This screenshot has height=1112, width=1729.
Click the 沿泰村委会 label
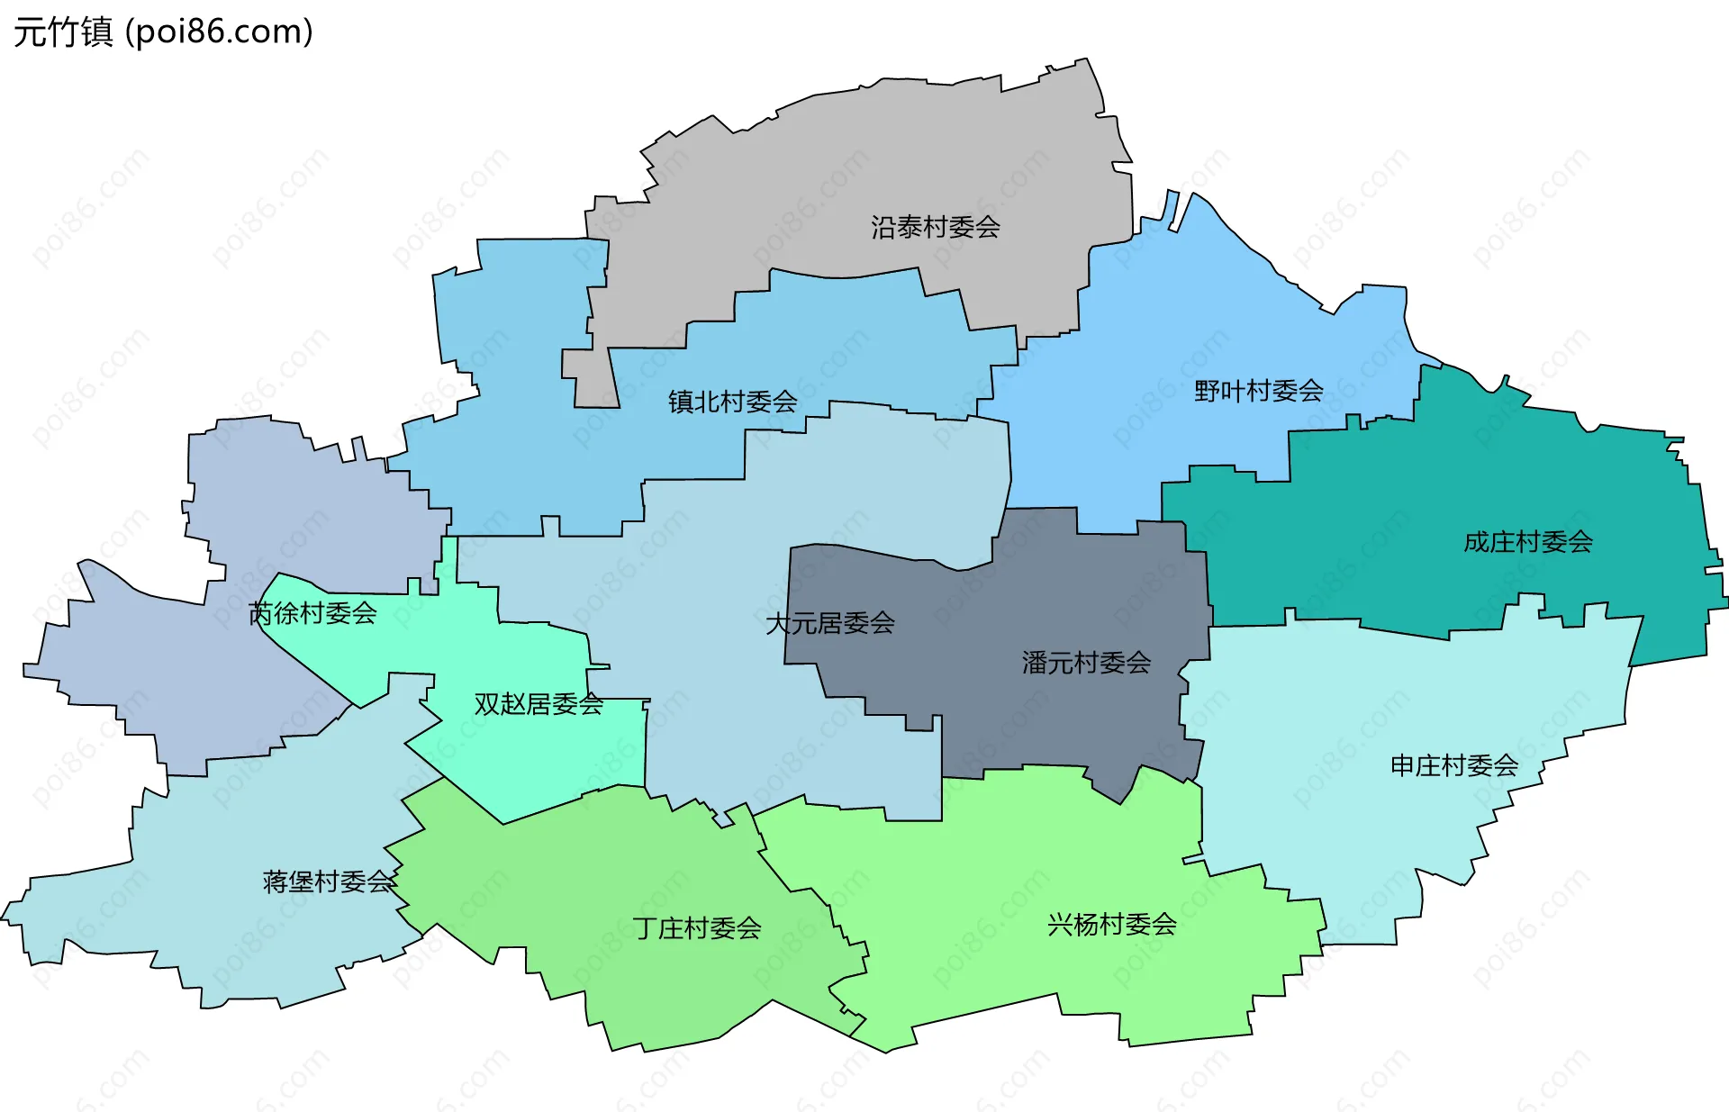pyautogui.click(x=935, y=227)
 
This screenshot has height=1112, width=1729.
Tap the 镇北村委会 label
pyautogui.click(x=732, y=402)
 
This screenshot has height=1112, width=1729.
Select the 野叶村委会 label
pyautogui.click(x=1258, y=391)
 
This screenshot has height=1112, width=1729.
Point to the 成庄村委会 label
pyautogui.click(x=1527, y=542)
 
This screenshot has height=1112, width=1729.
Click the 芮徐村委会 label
pyautogui.click(x=312, y=613)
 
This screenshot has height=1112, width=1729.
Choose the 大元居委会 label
pyautogui.click(x=829, y=623)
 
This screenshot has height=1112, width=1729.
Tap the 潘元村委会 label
pyautogui.click(x=1086, y=663)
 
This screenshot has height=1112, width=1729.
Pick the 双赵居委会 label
pyautogui.click(x=539, y=704)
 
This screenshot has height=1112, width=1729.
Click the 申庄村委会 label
pyautogui.click(x=1453, y=765)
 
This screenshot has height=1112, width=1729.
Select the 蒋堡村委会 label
pyautogui.click(x=329, y=881)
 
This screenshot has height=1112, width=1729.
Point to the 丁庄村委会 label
pyautogui.click(x=697, y=928)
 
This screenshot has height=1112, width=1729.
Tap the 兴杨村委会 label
pyautogui.click(x=1111, y=925)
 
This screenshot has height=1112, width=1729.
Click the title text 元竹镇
pyautogui.click(x=63, y=32)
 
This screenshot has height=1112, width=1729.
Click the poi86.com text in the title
pyautogui.click(x=219, y=32)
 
